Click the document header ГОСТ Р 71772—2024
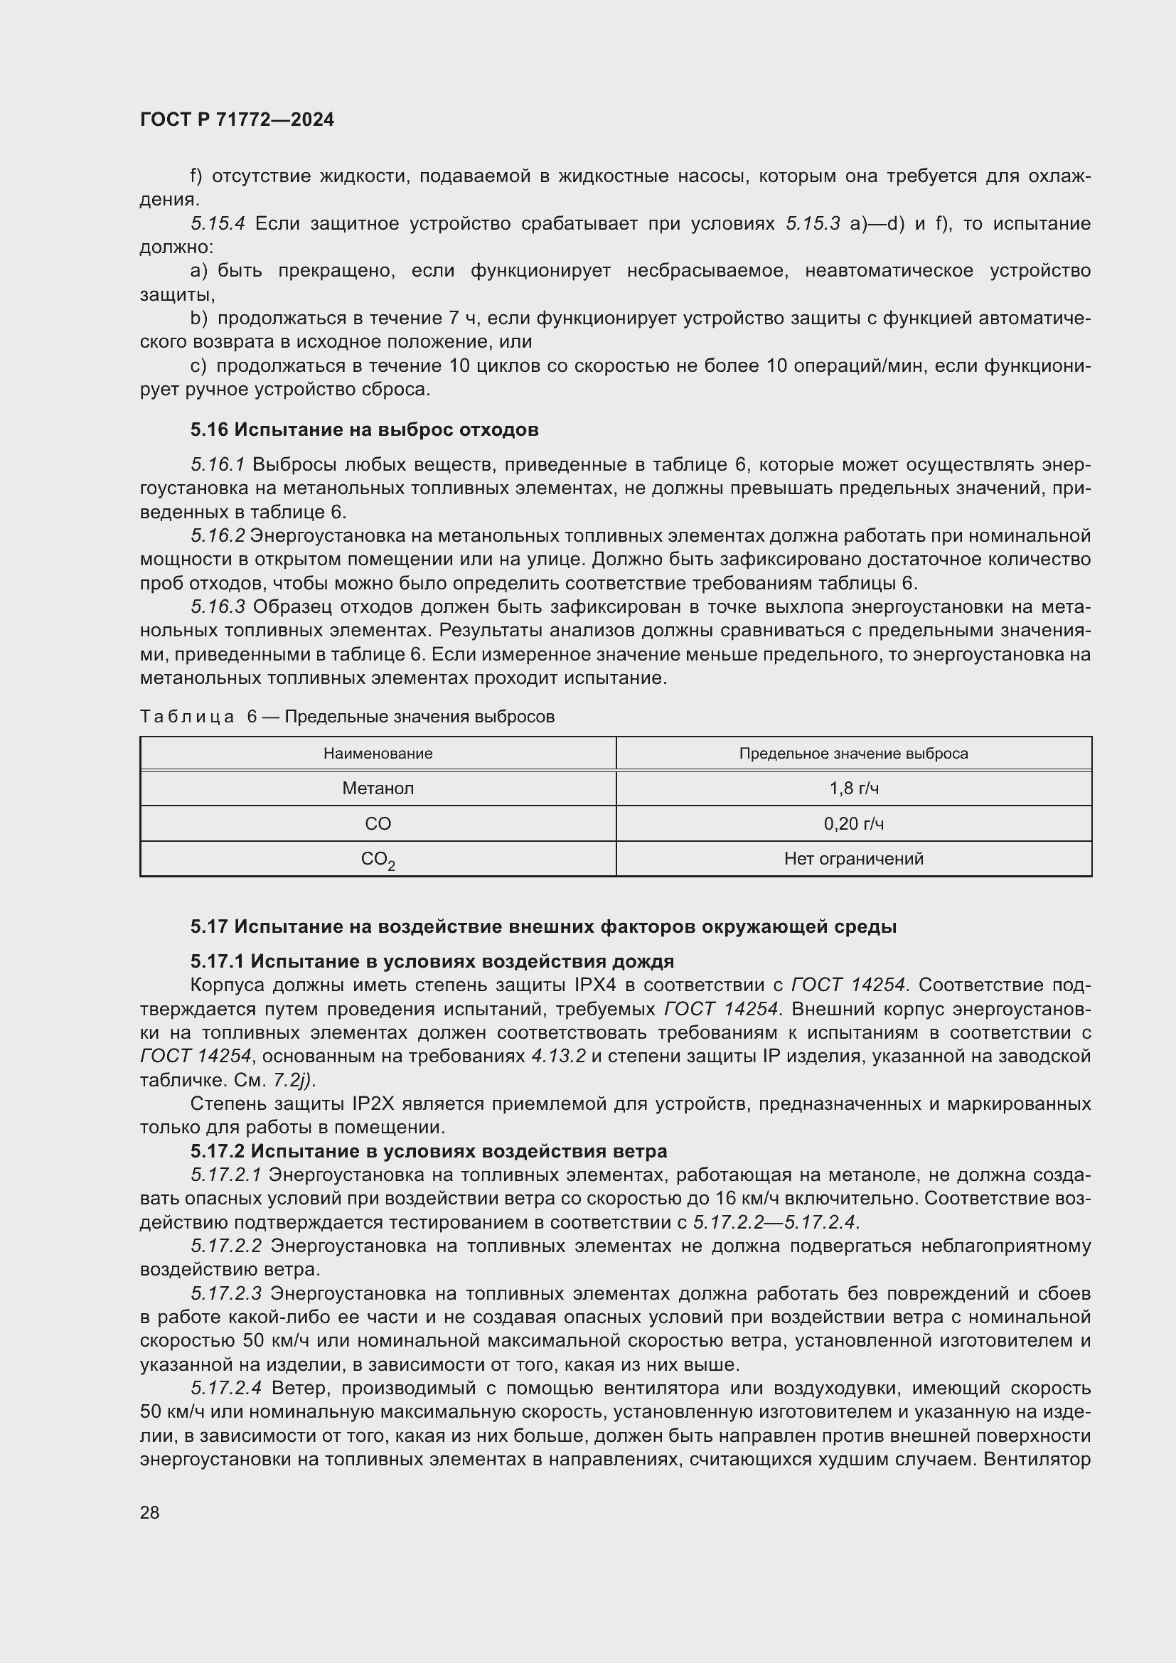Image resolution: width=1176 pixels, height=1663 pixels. click(x=237, y=119)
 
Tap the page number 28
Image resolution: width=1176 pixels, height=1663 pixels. click(x=150, y=1512)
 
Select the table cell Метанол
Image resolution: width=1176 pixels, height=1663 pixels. click(x=378, y=788)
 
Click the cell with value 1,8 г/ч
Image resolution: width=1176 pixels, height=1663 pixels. click(x=854, y=788)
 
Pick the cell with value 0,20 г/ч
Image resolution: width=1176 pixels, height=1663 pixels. click(x=854, y=823)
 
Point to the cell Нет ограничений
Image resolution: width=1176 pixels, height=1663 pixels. click(x=854, y=859)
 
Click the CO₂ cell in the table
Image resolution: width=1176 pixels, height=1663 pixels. click(x=378, y=860)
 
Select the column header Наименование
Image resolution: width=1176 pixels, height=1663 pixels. click(x=378, y=753)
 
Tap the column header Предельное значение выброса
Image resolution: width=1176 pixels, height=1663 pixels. click(x=854, y=753)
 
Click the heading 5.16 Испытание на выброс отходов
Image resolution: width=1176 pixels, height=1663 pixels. click(x=364, y=429)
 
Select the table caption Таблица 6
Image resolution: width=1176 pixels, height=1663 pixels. click(x=188, y=717)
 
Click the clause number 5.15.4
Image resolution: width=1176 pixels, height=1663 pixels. click(x=218, y=223)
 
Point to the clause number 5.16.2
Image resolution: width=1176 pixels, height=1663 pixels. click(x=218, y=535)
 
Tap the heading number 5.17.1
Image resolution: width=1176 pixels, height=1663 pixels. click(x=218, y=961)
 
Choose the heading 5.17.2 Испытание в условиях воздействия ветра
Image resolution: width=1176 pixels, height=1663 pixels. click(x=429, y=1151)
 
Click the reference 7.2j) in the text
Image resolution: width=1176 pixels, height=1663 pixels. click(x=293, y=1080)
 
